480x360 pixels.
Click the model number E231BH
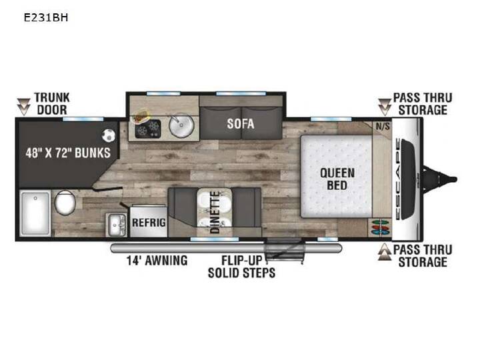tap(46, 18)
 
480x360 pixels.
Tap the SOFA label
tap(241, 124)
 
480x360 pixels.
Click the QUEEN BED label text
tap(337, 179)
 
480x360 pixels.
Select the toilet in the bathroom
tap(65, 203)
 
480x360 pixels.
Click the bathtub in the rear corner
tap(35, 213)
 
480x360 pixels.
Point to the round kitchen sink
tap(181, 125)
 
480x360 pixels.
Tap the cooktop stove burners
tap(148, 129)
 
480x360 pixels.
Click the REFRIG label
tap(149, 222)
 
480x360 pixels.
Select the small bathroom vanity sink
tap(116, 225)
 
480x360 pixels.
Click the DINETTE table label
tap(215, 213)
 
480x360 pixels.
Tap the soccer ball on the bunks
tap(109, 135)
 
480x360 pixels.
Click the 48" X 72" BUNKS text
tap(68, 153)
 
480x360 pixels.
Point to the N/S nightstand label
tap(383, 126)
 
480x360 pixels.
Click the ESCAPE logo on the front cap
tap(398, 179)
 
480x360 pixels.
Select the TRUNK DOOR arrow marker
tap(23, 107)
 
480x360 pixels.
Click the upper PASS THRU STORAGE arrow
tap(385, 107)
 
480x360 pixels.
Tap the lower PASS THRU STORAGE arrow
tap(385, 252)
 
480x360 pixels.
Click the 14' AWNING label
tap(157, 261)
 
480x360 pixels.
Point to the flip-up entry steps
tap(285, 251)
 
